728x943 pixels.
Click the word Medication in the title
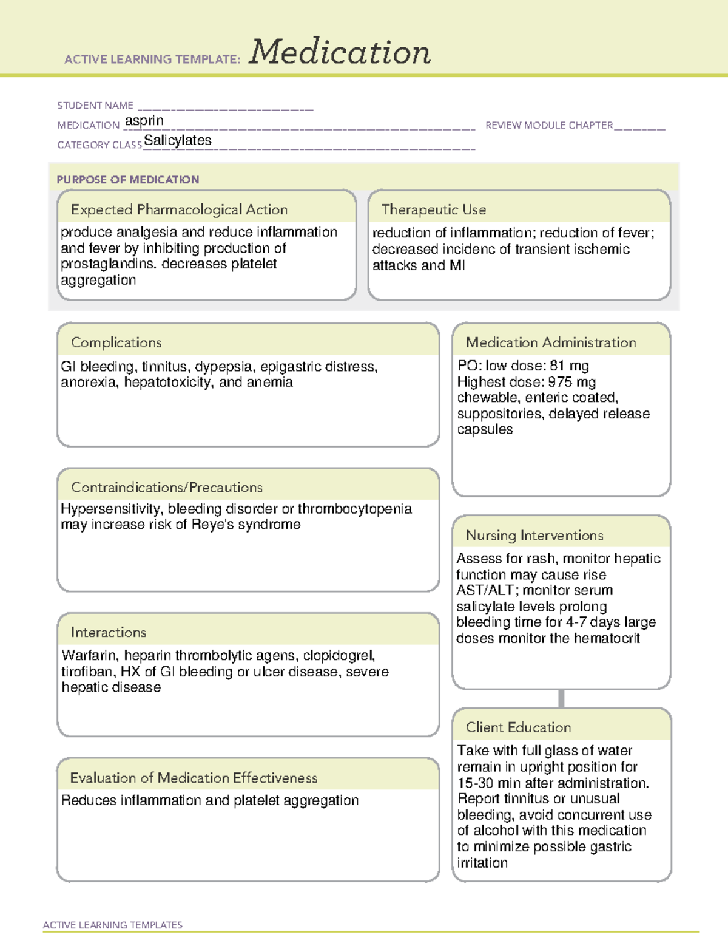point(340,52)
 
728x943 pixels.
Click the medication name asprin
point(144,121)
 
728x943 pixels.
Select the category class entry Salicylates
point(178,140)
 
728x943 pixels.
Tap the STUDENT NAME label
point(95,106)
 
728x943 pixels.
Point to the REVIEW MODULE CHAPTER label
point(549,125)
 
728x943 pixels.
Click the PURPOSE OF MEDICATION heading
point(128,180)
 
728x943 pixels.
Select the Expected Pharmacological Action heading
point(179,209)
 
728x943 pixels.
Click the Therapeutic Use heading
point(433,209)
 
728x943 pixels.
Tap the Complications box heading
point(116,342)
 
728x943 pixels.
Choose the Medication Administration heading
point(551,342)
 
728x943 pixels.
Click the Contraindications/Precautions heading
point(166,487)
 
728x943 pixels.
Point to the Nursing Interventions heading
point(534,536)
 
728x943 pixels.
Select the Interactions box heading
point(108,632)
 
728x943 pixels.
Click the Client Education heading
point(518,727)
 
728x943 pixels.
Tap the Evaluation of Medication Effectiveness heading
point(194,778)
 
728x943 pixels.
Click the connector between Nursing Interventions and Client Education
point(561,698)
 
